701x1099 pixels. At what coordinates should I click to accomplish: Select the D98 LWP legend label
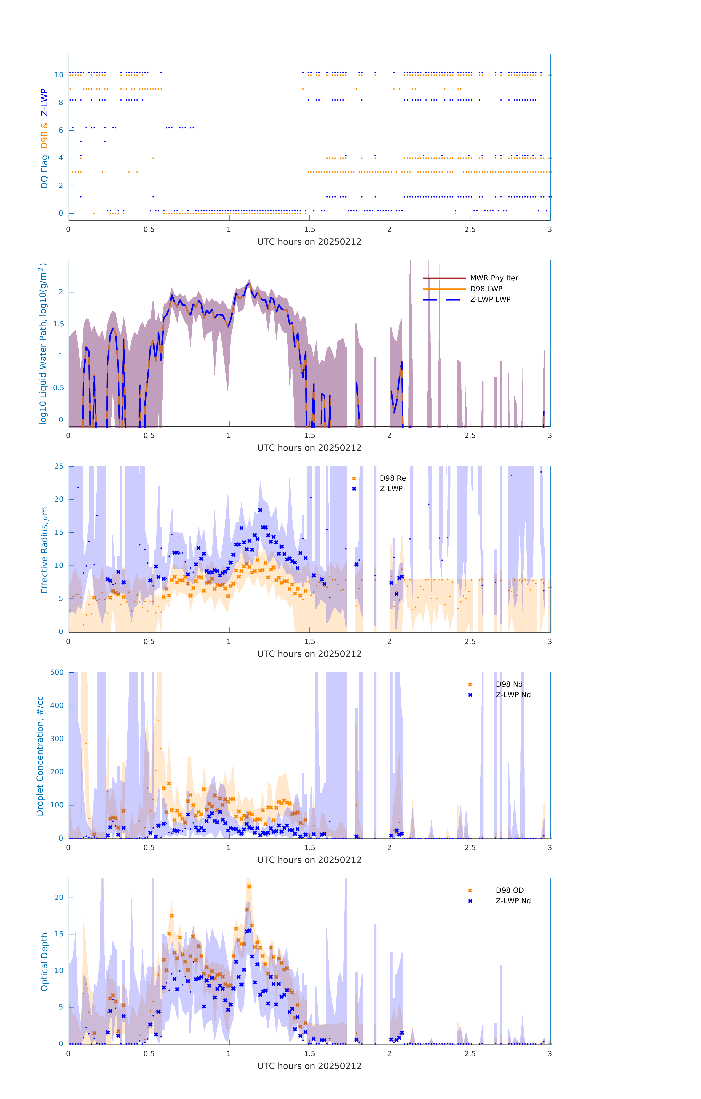pyautogui.click(x=486, y=289)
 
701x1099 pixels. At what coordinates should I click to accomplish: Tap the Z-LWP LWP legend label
pyautogui.click(x=490, y=299)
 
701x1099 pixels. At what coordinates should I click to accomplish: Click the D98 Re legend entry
pyautogui.click(x=392, y=478)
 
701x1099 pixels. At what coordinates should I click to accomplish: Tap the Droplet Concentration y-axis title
pyautogui.click(x=40, y=756)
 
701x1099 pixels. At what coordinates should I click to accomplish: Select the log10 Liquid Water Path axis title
pyautogui.click(x=43, y=344)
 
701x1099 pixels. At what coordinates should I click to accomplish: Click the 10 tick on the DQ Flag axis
pyautogui.click(x=59, y=75)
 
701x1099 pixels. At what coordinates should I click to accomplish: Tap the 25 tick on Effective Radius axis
pyautogui.click(x=59, y=467)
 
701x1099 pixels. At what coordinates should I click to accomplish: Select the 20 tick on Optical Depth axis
pyautogui.click(x=59, y=897)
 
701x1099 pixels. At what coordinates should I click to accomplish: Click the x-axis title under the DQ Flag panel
pyautogui.click(x=309, y=242)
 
